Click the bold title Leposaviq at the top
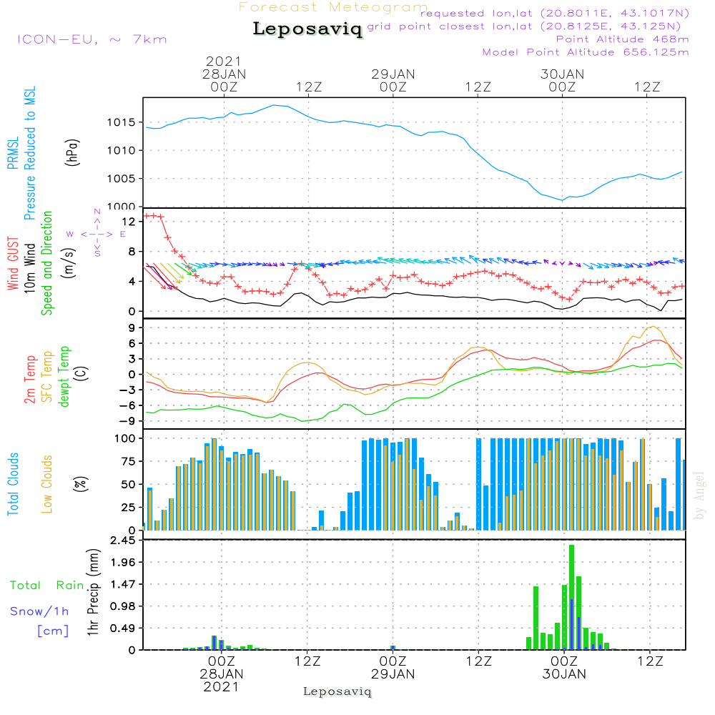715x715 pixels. click(307, 29)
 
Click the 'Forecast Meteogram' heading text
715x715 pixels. click(333, 7)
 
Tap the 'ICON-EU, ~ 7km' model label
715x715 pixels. click(92, 39)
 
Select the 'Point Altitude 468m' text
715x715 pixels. click(623, 39)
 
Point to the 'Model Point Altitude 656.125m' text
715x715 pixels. click(586, 52)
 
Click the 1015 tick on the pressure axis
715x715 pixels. click(121, 122)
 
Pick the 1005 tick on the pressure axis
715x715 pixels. click(121, 178)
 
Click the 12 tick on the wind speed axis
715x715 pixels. click(129, 222)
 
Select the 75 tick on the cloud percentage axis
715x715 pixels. click(128, 461)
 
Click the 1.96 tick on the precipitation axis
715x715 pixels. click(123, 562)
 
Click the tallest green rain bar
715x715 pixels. click(571, 597)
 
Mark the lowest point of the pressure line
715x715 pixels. click(562, 200)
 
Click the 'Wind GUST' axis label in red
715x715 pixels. click(13, 263)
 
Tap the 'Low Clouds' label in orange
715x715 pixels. click(47, 484)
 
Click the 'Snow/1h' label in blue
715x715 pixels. click(39, 611)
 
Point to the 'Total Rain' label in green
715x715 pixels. click(47, 585)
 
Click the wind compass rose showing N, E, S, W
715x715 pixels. click(97, 234)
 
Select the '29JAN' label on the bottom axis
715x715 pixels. click(393, 674)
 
